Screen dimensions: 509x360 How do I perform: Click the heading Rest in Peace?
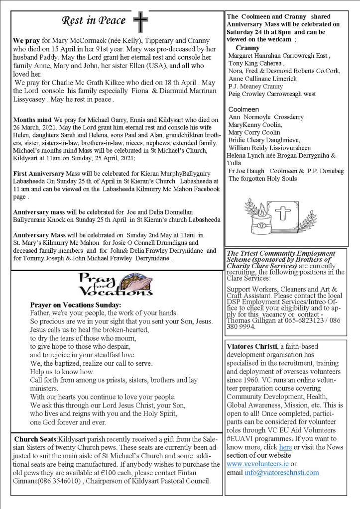pos(94,20)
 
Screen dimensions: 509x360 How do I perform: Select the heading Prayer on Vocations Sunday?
pos(75,305)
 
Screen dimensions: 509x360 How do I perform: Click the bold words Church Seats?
pos(35,439)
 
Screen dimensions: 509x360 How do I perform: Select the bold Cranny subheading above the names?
pos(247,48)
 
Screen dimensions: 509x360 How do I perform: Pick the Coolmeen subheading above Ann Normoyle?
pos(244,109)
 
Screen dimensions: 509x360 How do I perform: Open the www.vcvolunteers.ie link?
pos(254,464)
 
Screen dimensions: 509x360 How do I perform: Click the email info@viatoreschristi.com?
pos(281,472)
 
